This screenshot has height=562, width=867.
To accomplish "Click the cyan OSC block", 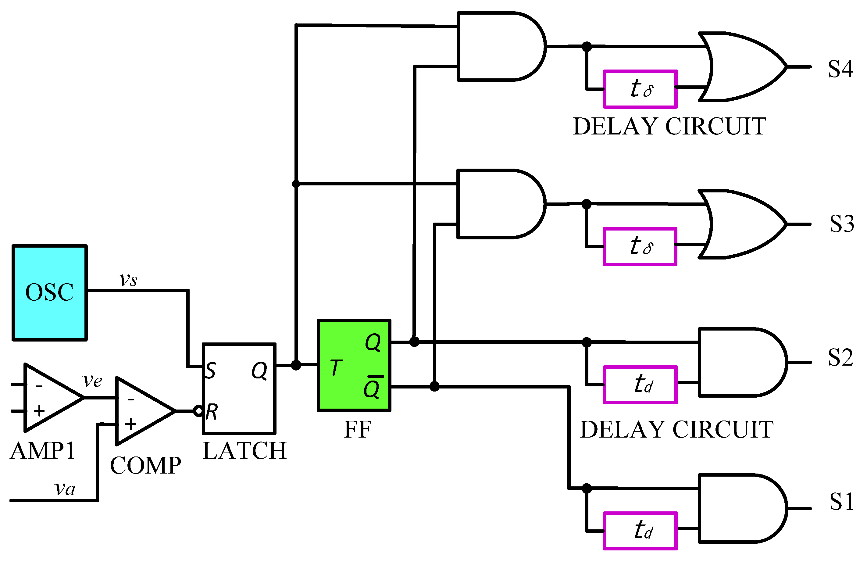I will [50, 293].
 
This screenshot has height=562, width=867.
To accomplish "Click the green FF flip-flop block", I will [354, 366].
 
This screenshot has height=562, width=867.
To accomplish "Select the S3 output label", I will [841, 224].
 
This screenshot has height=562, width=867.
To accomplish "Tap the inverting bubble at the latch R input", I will [198, 411].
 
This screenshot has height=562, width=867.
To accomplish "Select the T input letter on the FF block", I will [336, 367].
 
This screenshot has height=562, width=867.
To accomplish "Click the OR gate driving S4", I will [743, 67].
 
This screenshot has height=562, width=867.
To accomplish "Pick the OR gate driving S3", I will [743, 224].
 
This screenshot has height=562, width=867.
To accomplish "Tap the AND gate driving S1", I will [740, 508].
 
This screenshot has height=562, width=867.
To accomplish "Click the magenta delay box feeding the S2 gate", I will [640, 385].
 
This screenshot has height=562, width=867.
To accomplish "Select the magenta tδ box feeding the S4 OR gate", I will [640, 89].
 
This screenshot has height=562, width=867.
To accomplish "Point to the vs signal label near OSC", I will [128, 280].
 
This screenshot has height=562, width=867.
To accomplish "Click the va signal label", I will [65, 489].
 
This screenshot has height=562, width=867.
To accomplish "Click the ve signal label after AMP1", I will [92, 381].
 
